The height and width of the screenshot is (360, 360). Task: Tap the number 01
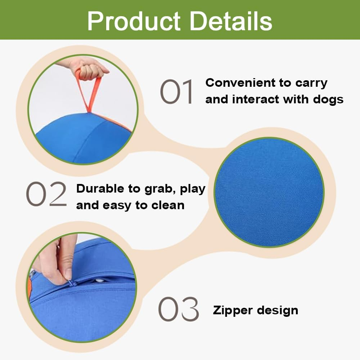[x=176, y=92]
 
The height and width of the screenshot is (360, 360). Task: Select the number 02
[x=46, y=194]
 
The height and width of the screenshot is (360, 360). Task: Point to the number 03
[x=179, y=309]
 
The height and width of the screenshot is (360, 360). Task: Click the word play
[x=192, y=188]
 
